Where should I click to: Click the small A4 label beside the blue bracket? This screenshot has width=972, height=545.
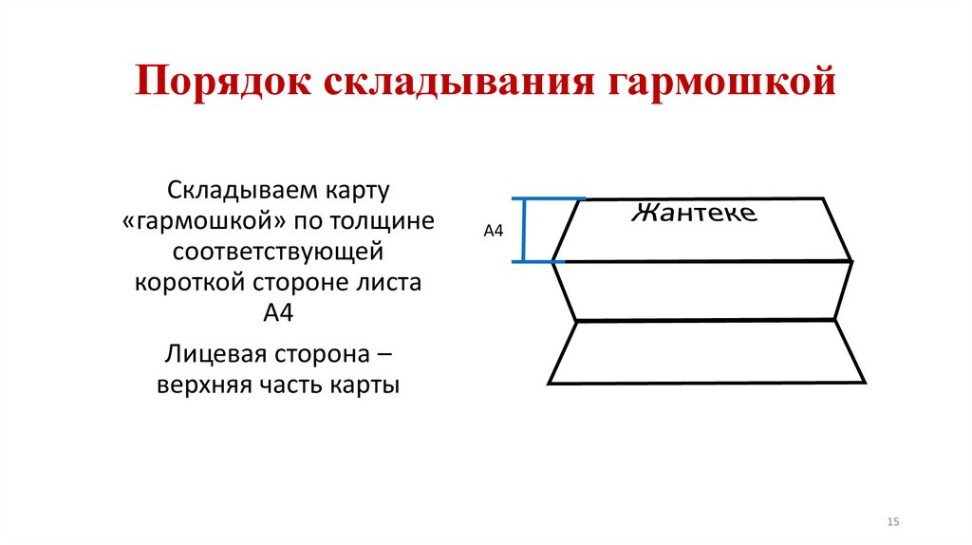coord(494,231)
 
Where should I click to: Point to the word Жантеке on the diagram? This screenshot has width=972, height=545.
coord(694,213)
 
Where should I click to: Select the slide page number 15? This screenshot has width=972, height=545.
coord(892,523)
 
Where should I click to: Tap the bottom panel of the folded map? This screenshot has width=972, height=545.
coord(706,352)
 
